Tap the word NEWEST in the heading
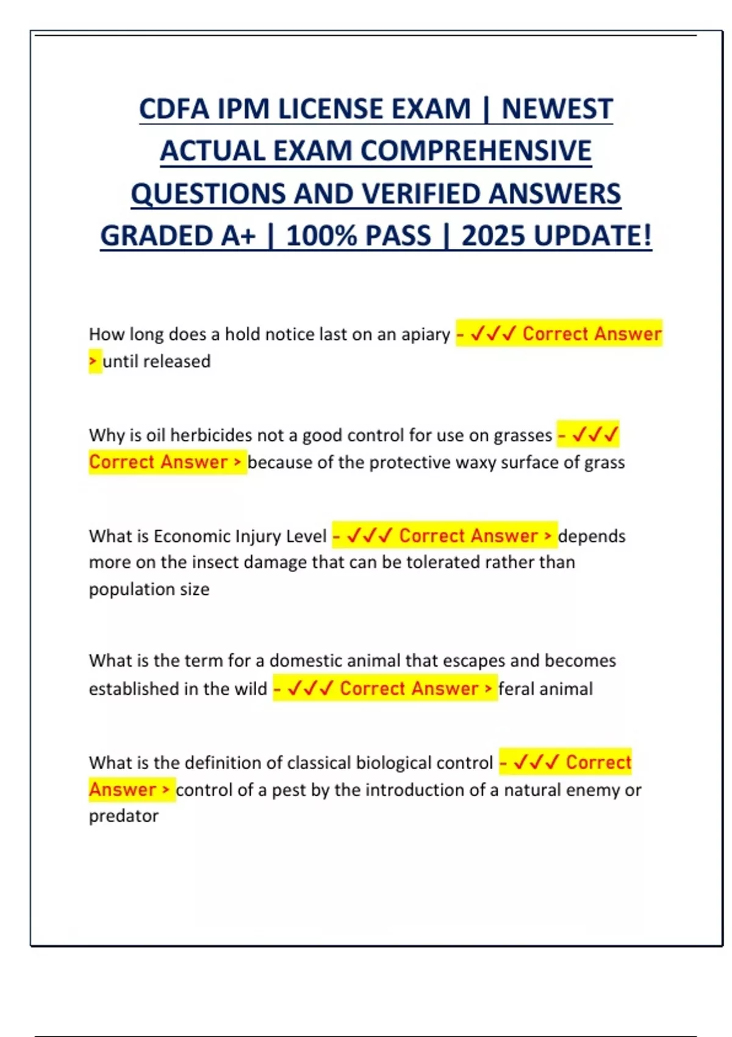[x=556, y=110]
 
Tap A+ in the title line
[x=236, y=236]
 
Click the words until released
[x=156, y=361]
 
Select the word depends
[x=592, y=536]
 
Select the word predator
[x=123, y=816]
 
